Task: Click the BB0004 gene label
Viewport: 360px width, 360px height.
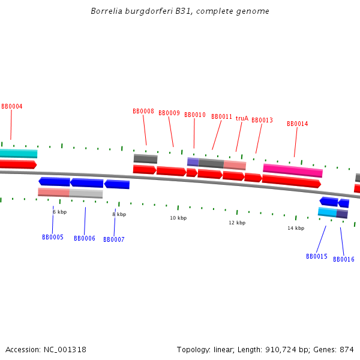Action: pos(12,107)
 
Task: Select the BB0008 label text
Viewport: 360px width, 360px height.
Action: pos(143,112)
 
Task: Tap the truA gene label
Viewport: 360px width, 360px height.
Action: pos(242,118)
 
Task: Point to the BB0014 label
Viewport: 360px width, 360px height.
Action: pos(298,124)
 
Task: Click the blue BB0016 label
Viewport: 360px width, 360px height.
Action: pos(344,259)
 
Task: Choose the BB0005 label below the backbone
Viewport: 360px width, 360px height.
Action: pos(53,238)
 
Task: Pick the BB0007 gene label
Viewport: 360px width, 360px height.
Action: pos(114,240)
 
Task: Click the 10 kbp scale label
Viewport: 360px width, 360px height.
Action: pos(178,218)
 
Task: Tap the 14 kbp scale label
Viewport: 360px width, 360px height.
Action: pos(296,228)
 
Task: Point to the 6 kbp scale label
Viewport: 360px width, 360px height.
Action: pos(59,212)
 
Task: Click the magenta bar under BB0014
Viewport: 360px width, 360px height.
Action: pos(293,170)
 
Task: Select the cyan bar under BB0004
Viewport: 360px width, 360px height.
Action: pos(19,154)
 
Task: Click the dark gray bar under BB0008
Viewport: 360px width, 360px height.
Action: pos(145,159)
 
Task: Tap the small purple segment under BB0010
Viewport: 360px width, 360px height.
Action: pos(193,161)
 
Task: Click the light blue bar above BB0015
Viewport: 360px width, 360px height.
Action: pos(327,212)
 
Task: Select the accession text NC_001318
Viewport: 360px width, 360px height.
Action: pos(65,349)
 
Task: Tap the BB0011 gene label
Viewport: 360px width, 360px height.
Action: pos(221,117)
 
